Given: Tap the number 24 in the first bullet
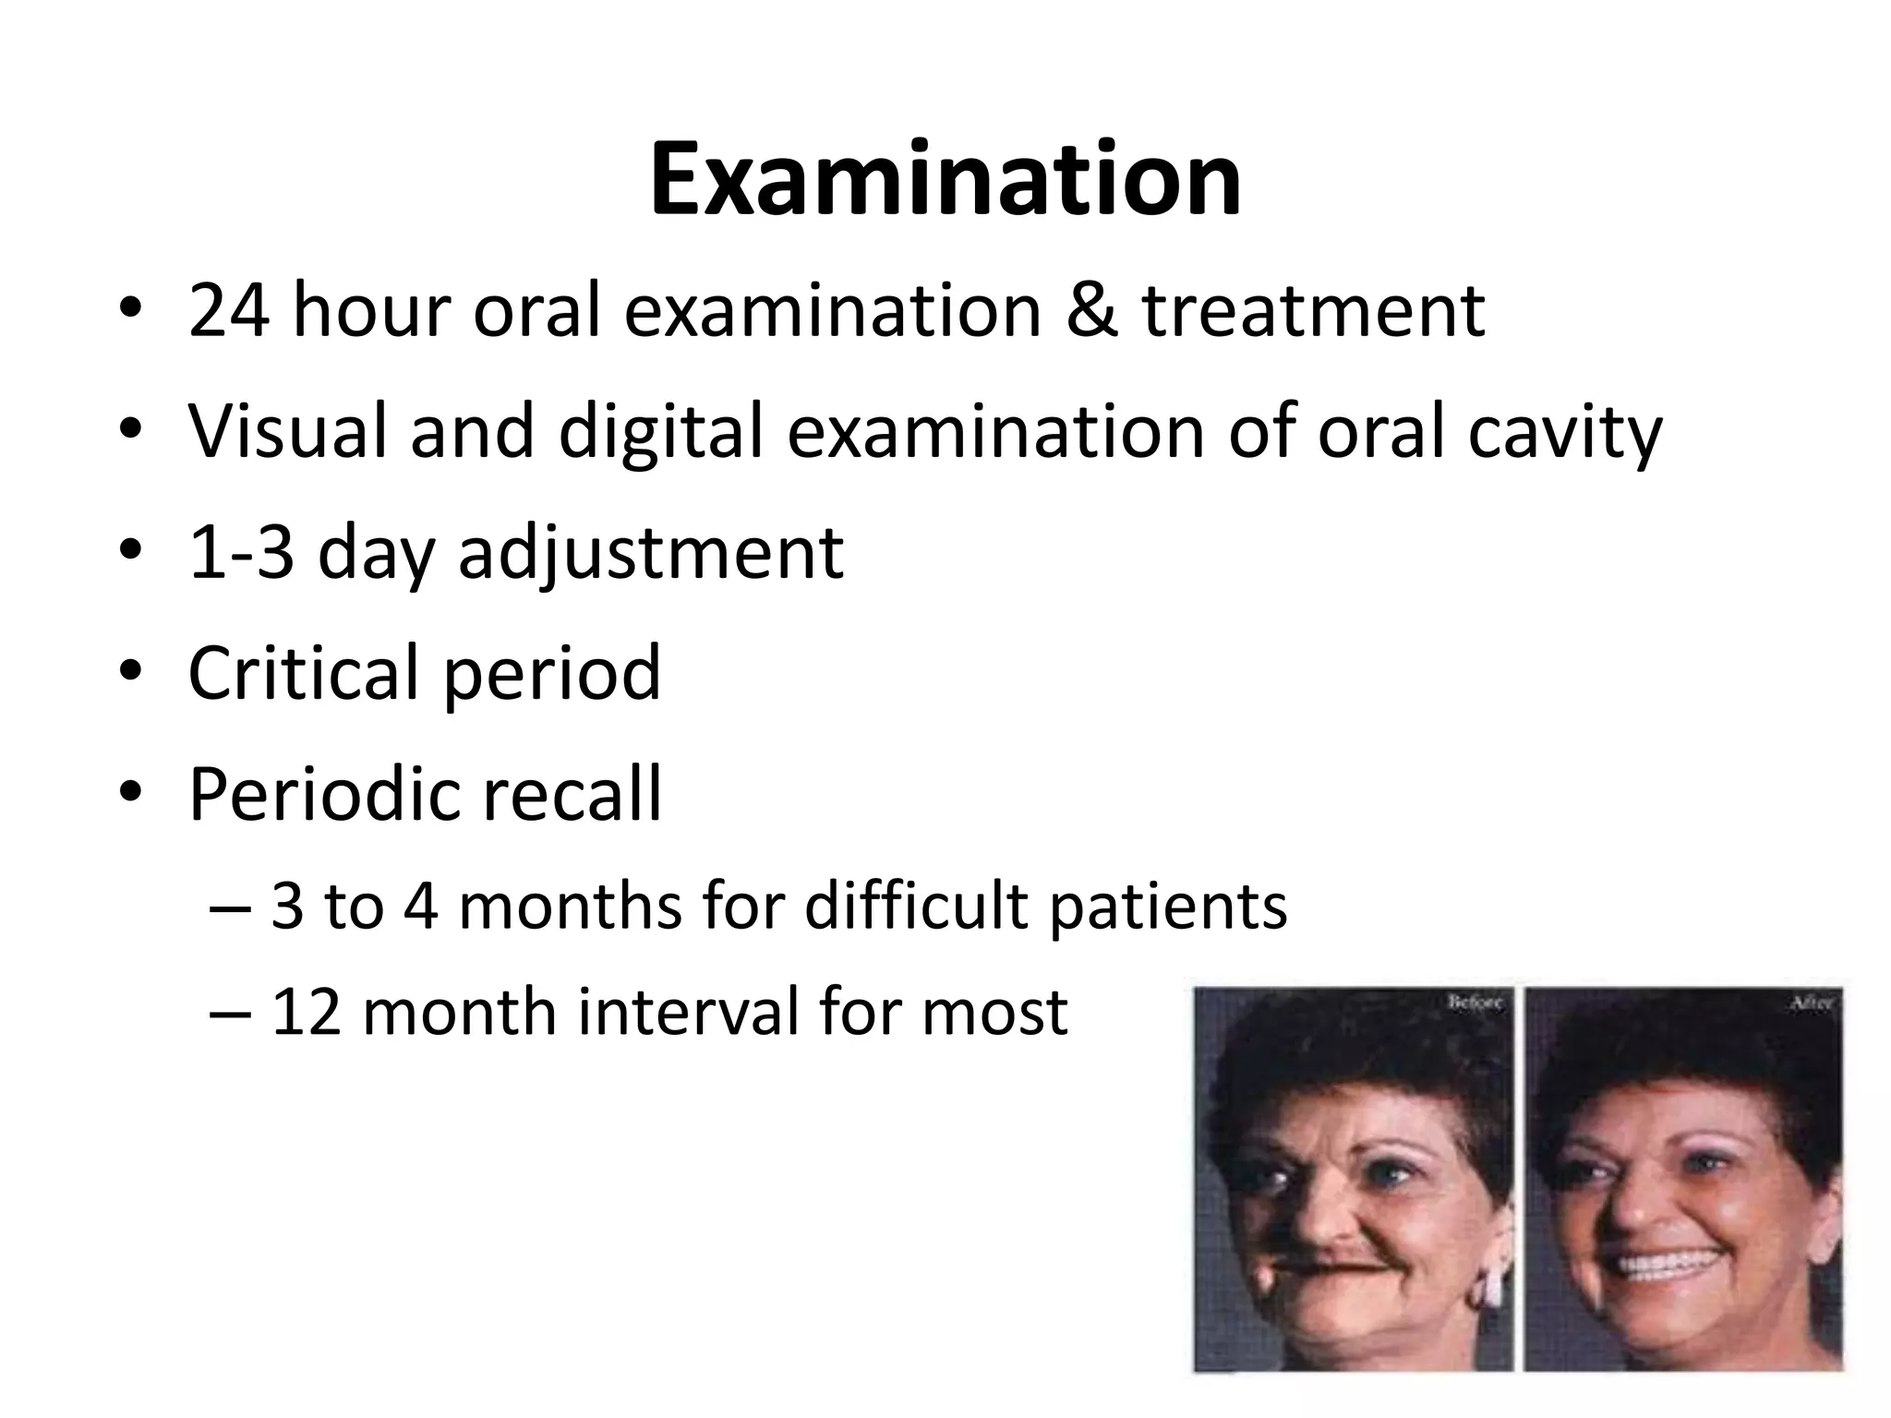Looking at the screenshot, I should [229, 310].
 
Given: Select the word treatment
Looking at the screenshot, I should [1314, 310].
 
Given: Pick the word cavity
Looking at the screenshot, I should [1564, 434].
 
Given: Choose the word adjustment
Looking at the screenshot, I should [650, 554].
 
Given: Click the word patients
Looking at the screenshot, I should [1168, 907].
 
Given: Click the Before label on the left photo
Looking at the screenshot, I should [1475, 1001].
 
